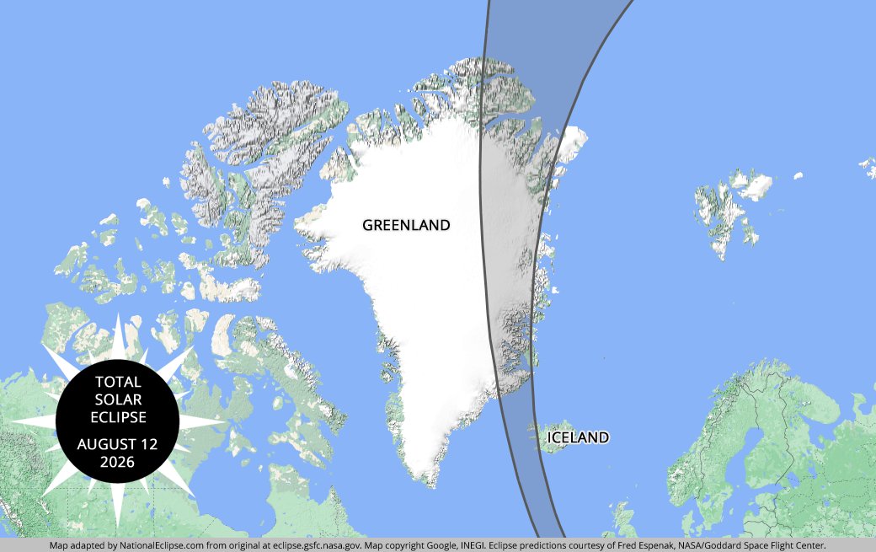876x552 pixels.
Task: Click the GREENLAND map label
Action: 406,225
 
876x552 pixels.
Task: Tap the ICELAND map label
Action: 578,437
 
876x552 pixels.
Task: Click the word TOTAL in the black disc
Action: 118,382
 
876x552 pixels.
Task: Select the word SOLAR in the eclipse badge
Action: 118,399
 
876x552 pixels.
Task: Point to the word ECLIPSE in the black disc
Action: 118,417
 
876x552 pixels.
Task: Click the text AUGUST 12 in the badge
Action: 118,444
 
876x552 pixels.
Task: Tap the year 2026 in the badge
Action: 118,462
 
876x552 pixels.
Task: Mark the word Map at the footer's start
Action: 59,545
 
